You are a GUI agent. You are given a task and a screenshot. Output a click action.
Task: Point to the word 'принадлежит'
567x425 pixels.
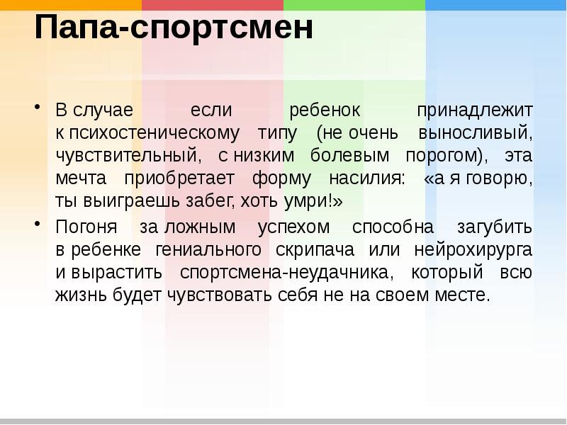pyautogui.click(x=474, y=111)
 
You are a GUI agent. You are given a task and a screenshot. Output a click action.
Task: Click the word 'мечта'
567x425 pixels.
pyautogui.click(x=80, y=178)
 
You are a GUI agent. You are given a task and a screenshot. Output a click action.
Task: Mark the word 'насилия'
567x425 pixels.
pyautogui.click(x=368, y=178)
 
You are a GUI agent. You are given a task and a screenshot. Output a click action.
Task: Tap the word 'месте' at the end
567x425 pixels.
pyautogui.click(x=464, y=295)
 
